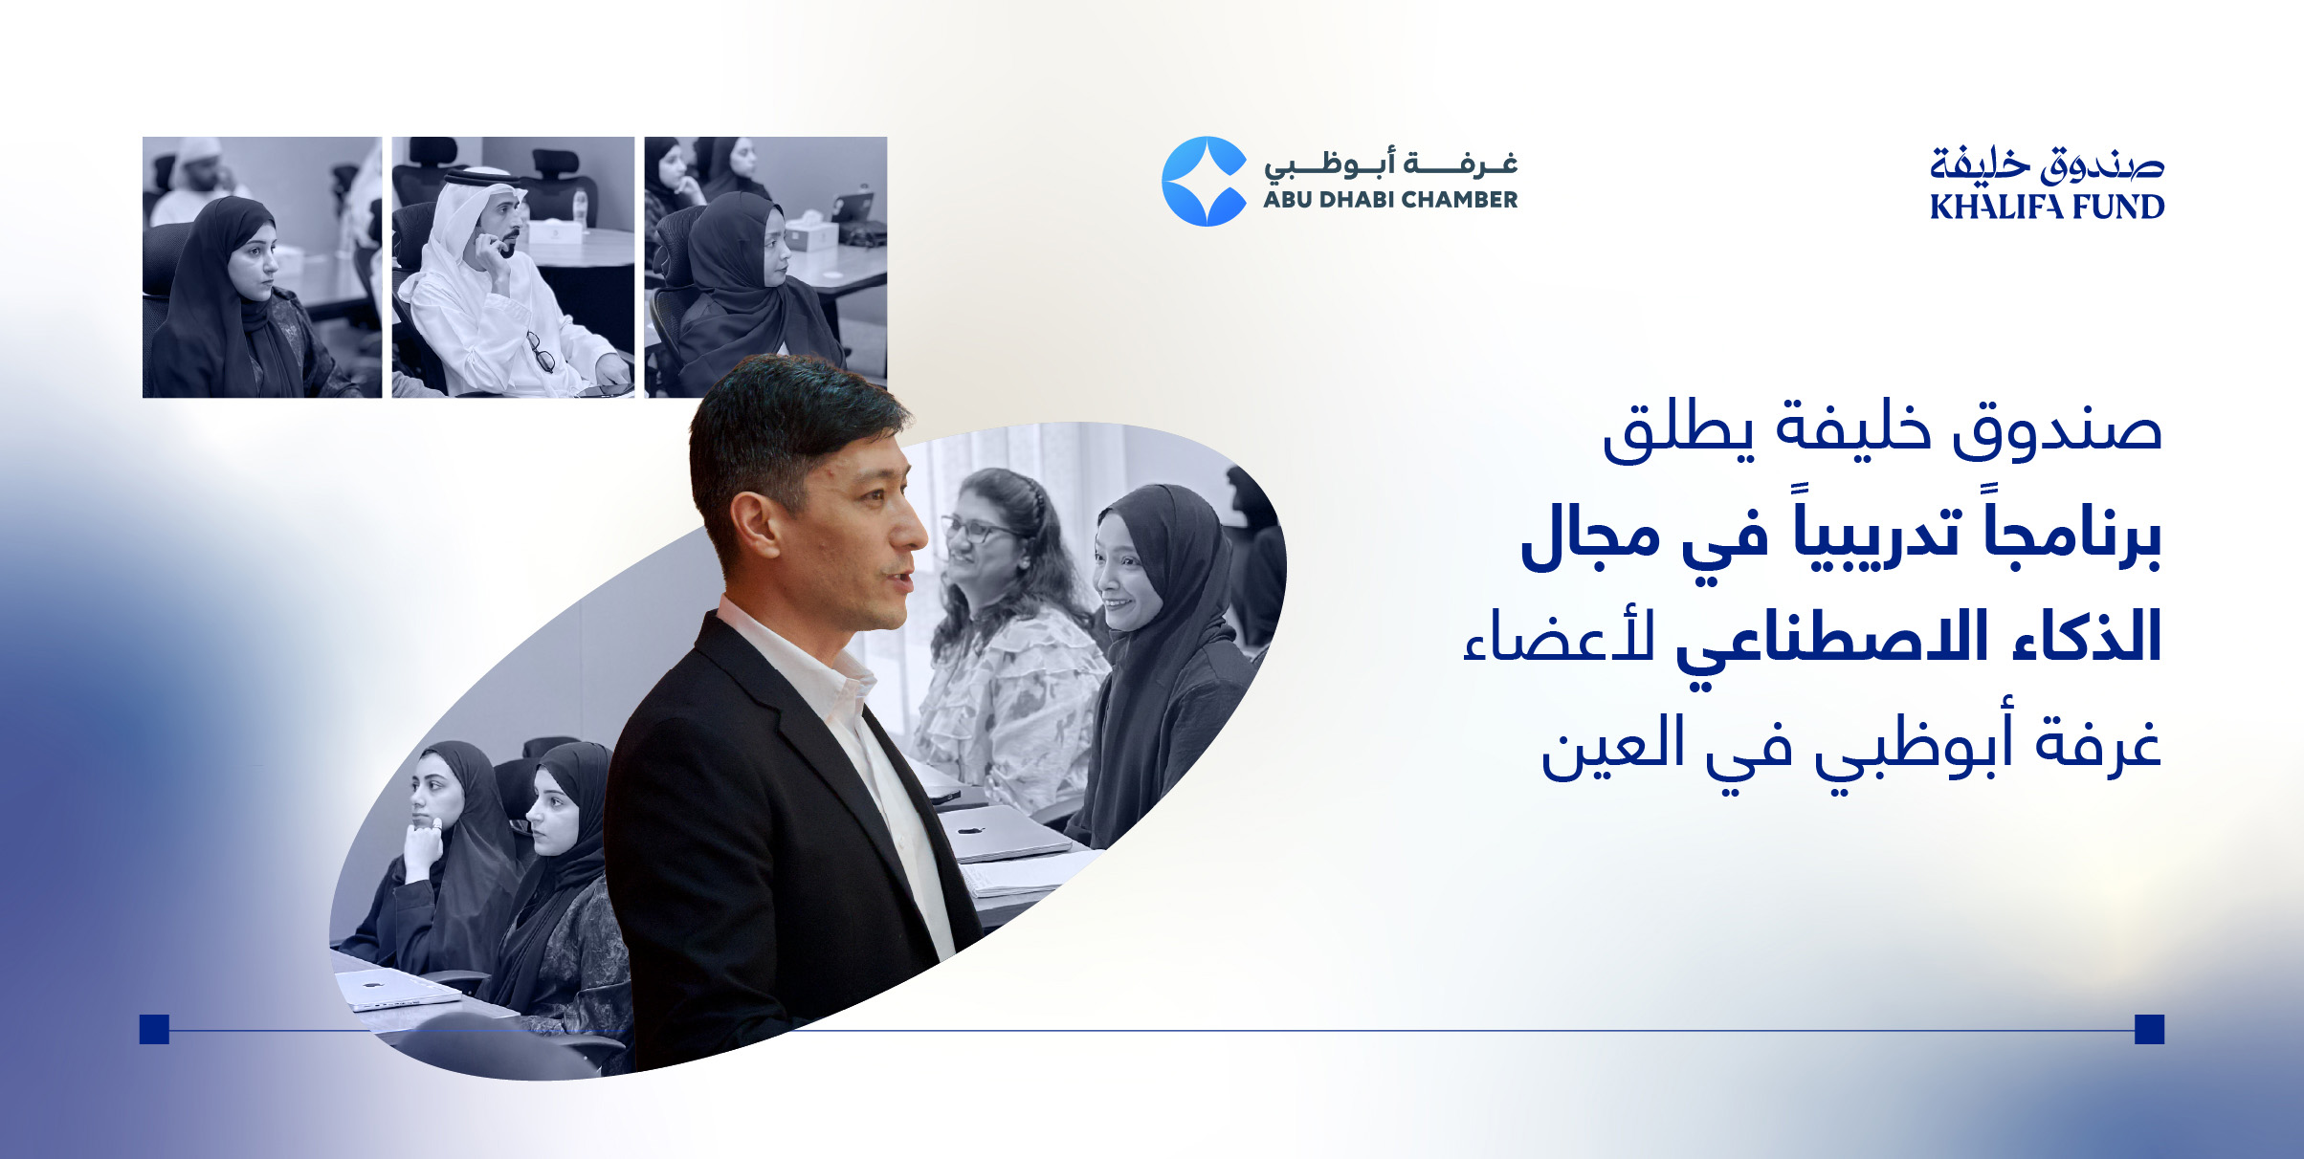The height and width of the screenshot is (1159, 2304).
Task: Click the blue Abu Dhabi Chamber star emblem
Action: point(1205,181)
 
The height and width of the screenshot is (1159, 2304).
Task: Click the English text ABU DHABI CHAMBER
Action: point(1390,200)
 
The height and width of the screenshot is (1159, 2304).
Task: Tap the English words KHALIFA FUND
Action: point(2047,207)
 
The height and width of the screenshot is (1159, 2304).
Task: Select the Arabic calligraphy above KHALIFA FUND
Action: point(2047,164)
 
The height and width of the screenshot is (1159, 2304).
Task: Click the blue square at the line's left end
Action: point(154,1029)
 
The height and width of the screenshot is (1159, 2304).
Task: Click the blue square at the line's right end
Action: point(2149,1029)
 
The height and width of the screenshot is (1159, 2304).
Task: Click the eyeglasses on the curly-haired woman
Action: point(976,528)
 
